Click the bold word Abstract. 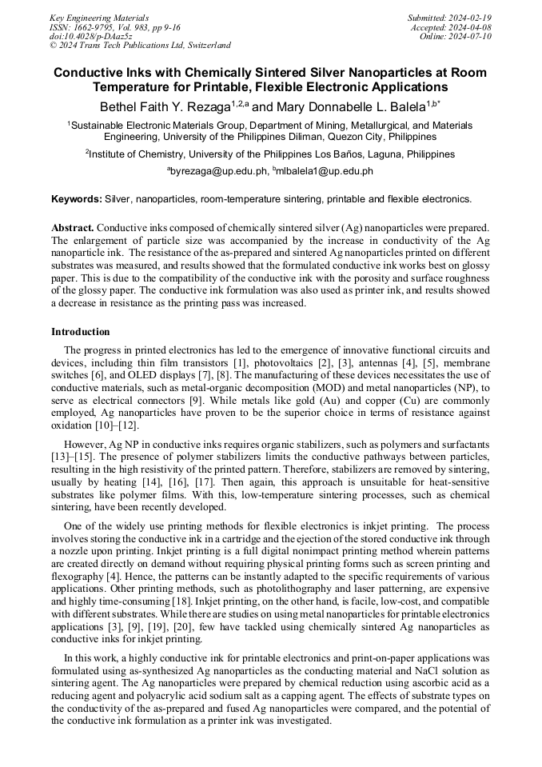click(73, 228)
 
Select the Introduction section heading click(81, 331)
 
